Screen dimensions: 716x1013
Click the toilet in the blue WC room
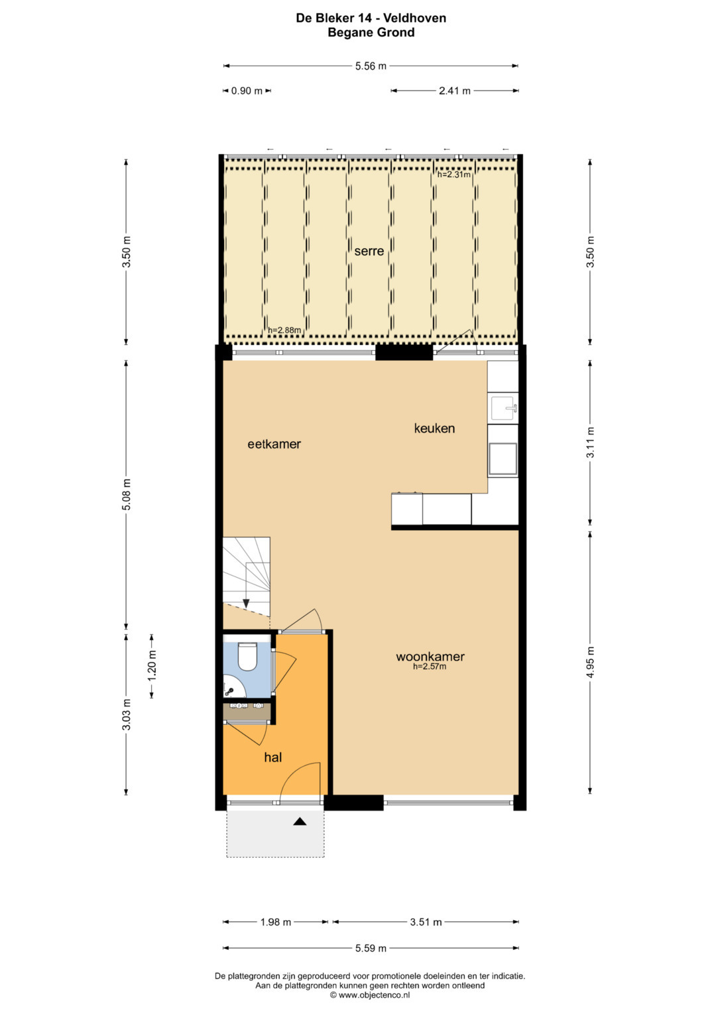click(247, 655)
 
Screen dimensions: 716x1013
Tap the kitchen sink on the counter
click(503, 408)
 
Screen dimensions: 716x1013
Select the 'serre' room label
click(369, 251)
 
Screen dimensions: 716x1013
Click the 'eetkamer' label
click(274, 444)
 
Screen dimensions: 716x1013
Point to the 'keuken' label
click(434, 429)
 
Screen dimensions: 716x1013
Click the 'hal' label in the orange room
click(273, 757)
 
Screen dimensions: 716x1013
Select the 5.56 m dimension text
click(371, 66)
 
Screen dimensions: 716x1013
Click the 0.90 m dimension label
click(247, 91)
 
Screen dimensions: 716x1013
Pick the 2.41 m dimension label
click(455, 91)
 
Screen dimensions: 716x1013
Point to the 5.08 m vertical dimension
click(127, 494)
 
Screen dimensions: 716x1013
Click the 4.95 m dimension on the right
click(591, 662)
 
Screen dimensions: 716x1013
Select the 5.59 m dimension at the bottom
click(371, 948)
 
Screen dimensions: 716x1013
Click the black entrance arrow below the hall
click(300, 822)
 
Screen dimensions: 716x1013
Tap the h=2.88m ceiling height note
click(284, 330)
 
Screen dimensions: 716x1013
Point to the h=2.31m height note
click(454, 174)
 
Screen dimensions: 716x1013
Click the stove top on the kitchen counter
click(503, 458)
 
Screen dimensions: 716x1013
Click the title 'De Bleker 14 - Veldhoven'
click(371, 18)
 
